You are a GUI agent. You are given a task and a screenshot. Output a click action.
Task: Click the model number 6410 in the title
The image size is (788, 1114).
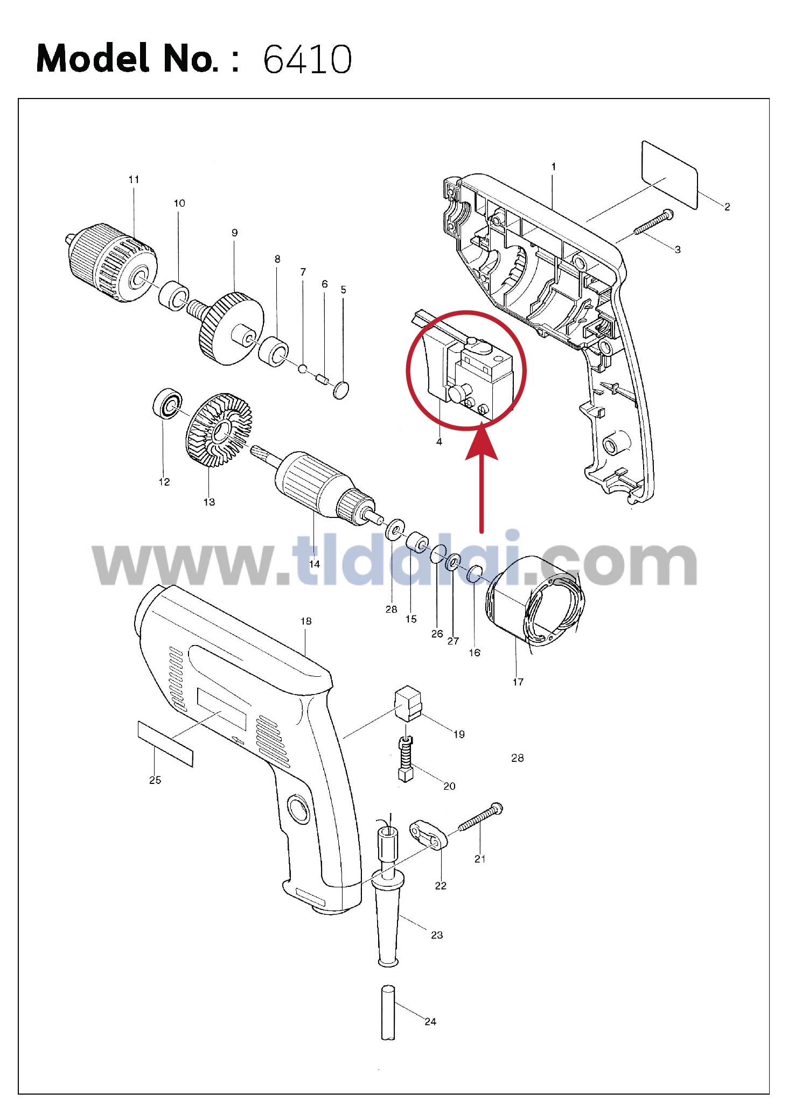[x=308, y=59]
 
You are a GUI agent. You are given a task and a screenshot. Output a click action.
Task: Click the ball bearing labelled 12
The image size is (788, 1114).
[x=168, y=402]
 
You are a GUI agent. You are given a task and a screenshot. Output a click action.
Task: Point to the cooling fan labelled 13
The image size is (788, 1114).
[x=219, y=430]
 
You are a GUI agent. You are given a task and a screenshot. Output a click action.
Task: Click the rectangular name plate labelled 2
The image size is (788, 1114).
[x=670, y=175]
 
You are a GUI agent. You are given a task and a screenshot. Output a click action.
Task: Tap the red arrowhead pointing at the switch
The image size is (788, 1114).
[x=481, y=442]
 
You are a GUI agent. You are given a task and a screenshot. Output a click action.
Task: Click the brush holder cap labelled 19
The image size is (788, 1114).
[x=408, y=703]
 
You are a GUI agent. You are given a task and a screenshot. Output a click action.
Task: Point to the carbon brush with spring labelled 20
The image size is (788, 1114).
[x=406, y=759]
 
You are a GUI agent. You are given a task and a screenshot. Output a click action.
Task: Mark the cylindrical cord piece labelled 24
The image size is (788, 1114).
[x=388, y=1012]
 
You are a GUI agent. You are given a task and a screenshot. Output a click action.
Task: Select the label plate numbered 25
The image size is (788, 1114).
[x=165, y=744]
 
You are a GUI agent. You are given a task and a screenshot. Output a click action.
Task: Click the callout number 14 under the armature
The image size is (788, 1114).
[x=315, y=564]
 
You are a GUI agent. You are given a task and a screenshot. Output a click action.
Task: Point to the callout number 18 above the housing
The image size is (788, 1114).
[x=306, y=621]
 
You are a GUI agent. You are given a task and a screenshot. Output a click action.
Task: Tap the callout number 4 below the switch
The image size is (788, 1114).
[x=439, y=442]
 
